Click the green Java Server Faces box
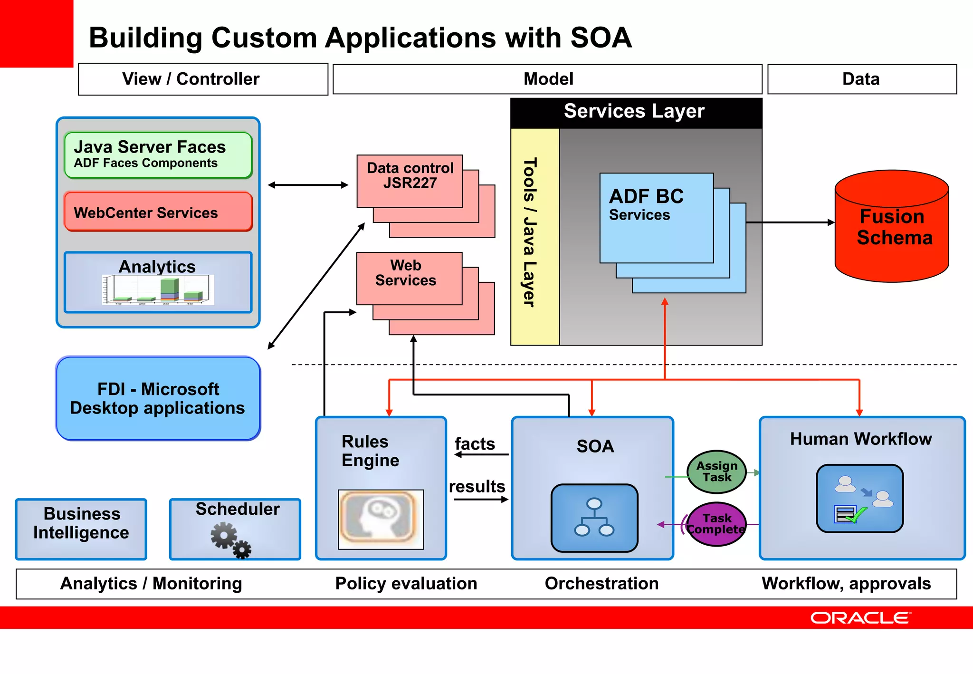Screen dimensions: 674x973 click(x=158, y=155)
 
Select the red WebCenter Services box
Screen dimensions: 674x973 click(x=158, y=212)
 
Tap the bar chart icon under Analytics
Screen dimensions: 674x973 click(x=158, y=290)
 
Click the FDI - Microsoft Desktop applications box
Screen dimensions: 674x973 click(x=158, y=398)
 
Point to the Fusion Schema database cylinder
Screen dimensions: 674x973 click(x=892, y=227)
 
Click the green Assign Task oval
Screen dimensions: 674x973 click(x=716, y=472)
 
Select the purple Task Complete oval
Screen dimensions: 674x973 click(x=716, y=524)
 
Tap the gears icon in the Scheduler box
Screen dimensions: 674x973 click(x=230, y=540)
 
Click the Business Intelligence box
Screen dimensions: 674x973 click(x=81, y=529)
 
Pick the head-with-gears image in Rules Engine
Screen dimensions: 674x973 click(x=381, y=519)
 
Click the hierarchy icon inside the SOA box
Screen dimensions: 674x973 click(x=594, y=518)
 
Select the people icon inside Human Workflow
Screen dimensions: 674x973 click(x=859, y=498)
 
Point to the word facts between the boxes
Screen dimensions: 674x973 click(x=475, y=444)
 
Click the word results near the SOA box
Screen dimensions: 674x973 click(x=477, y=487)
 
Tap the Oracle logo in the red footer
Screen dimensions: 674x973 click(x=860, y=618)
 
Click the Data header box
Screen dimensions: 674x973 click(x=861, y=79)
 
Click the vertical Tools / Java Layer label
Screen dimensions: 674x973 click(x=530, y=233)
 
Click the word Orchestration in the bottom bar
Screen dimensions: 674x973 click(x=601, y=583)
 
